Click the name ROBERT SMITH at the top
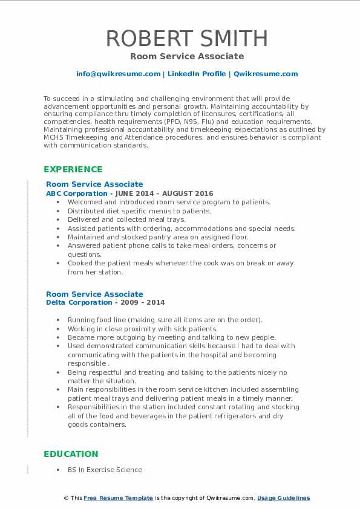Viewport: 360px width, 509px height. pyautogui.click(x=187, y=38)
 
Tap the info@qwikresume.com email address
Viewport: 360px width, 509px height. pyautogui.click(x=118, y=74)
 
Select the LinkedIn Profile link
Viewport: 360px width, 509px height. pyautogui.click(x=197, y=74)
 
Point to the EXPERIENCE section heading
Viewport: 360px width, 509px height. pyautogui.click(x=73, y=169)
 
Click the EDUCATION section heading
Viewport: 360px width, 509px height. pyautogui.click(x=71, y=454)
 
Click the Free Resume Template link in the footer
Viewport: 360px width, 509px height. pyautogui.click(x=118, y=498)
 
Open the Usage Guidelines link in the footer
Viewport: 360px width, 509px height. pyautogui.click(x=283, y=498)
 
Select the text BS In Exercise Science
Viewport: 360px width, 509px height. pyautogui.click(x=105, y=470)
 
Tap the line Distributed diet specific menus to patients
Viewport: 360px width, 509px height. pyautogui.click(x=139, y=211)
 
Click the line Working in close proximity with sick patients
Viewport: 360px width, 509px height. pyautogui.click(x=142, y=329)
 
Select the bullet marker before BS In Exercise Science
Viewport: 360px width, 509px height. pyautogui.click(x=58, y=470)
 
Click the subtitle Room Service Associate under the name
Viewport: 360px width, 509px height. pyautogui.click(x=187, y=56)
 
